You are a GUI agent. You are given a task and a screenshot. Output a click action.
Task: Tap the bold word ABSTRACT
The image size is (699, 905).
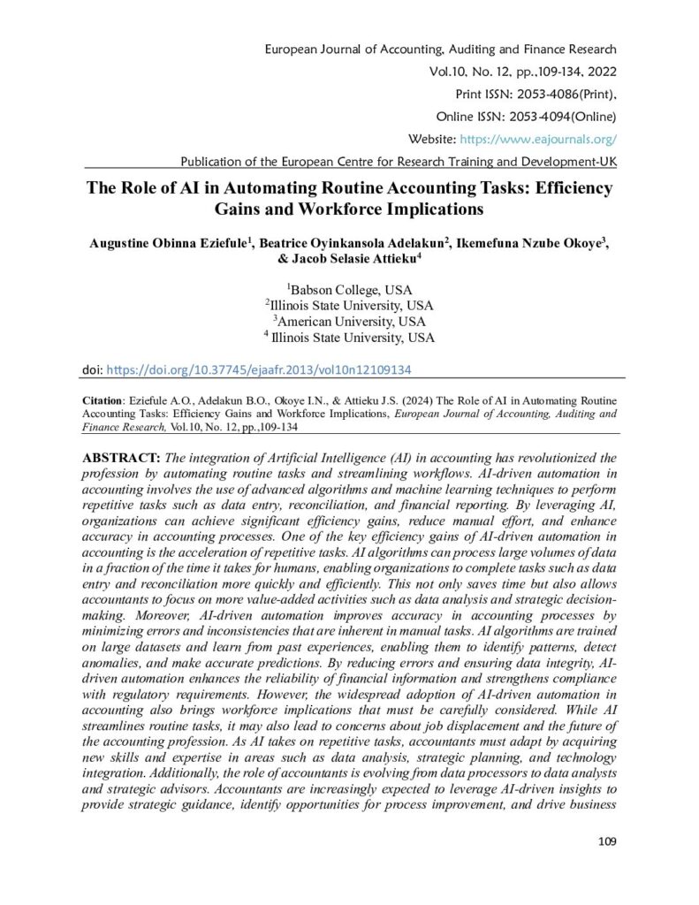(120, 457)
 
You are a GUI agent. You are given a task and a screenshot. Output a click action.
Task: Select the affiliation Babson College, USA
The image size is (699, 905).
(350, 289)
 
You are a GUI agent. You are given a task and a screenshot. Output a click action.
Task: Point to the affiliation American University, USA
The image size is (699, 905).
(349, 321)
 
